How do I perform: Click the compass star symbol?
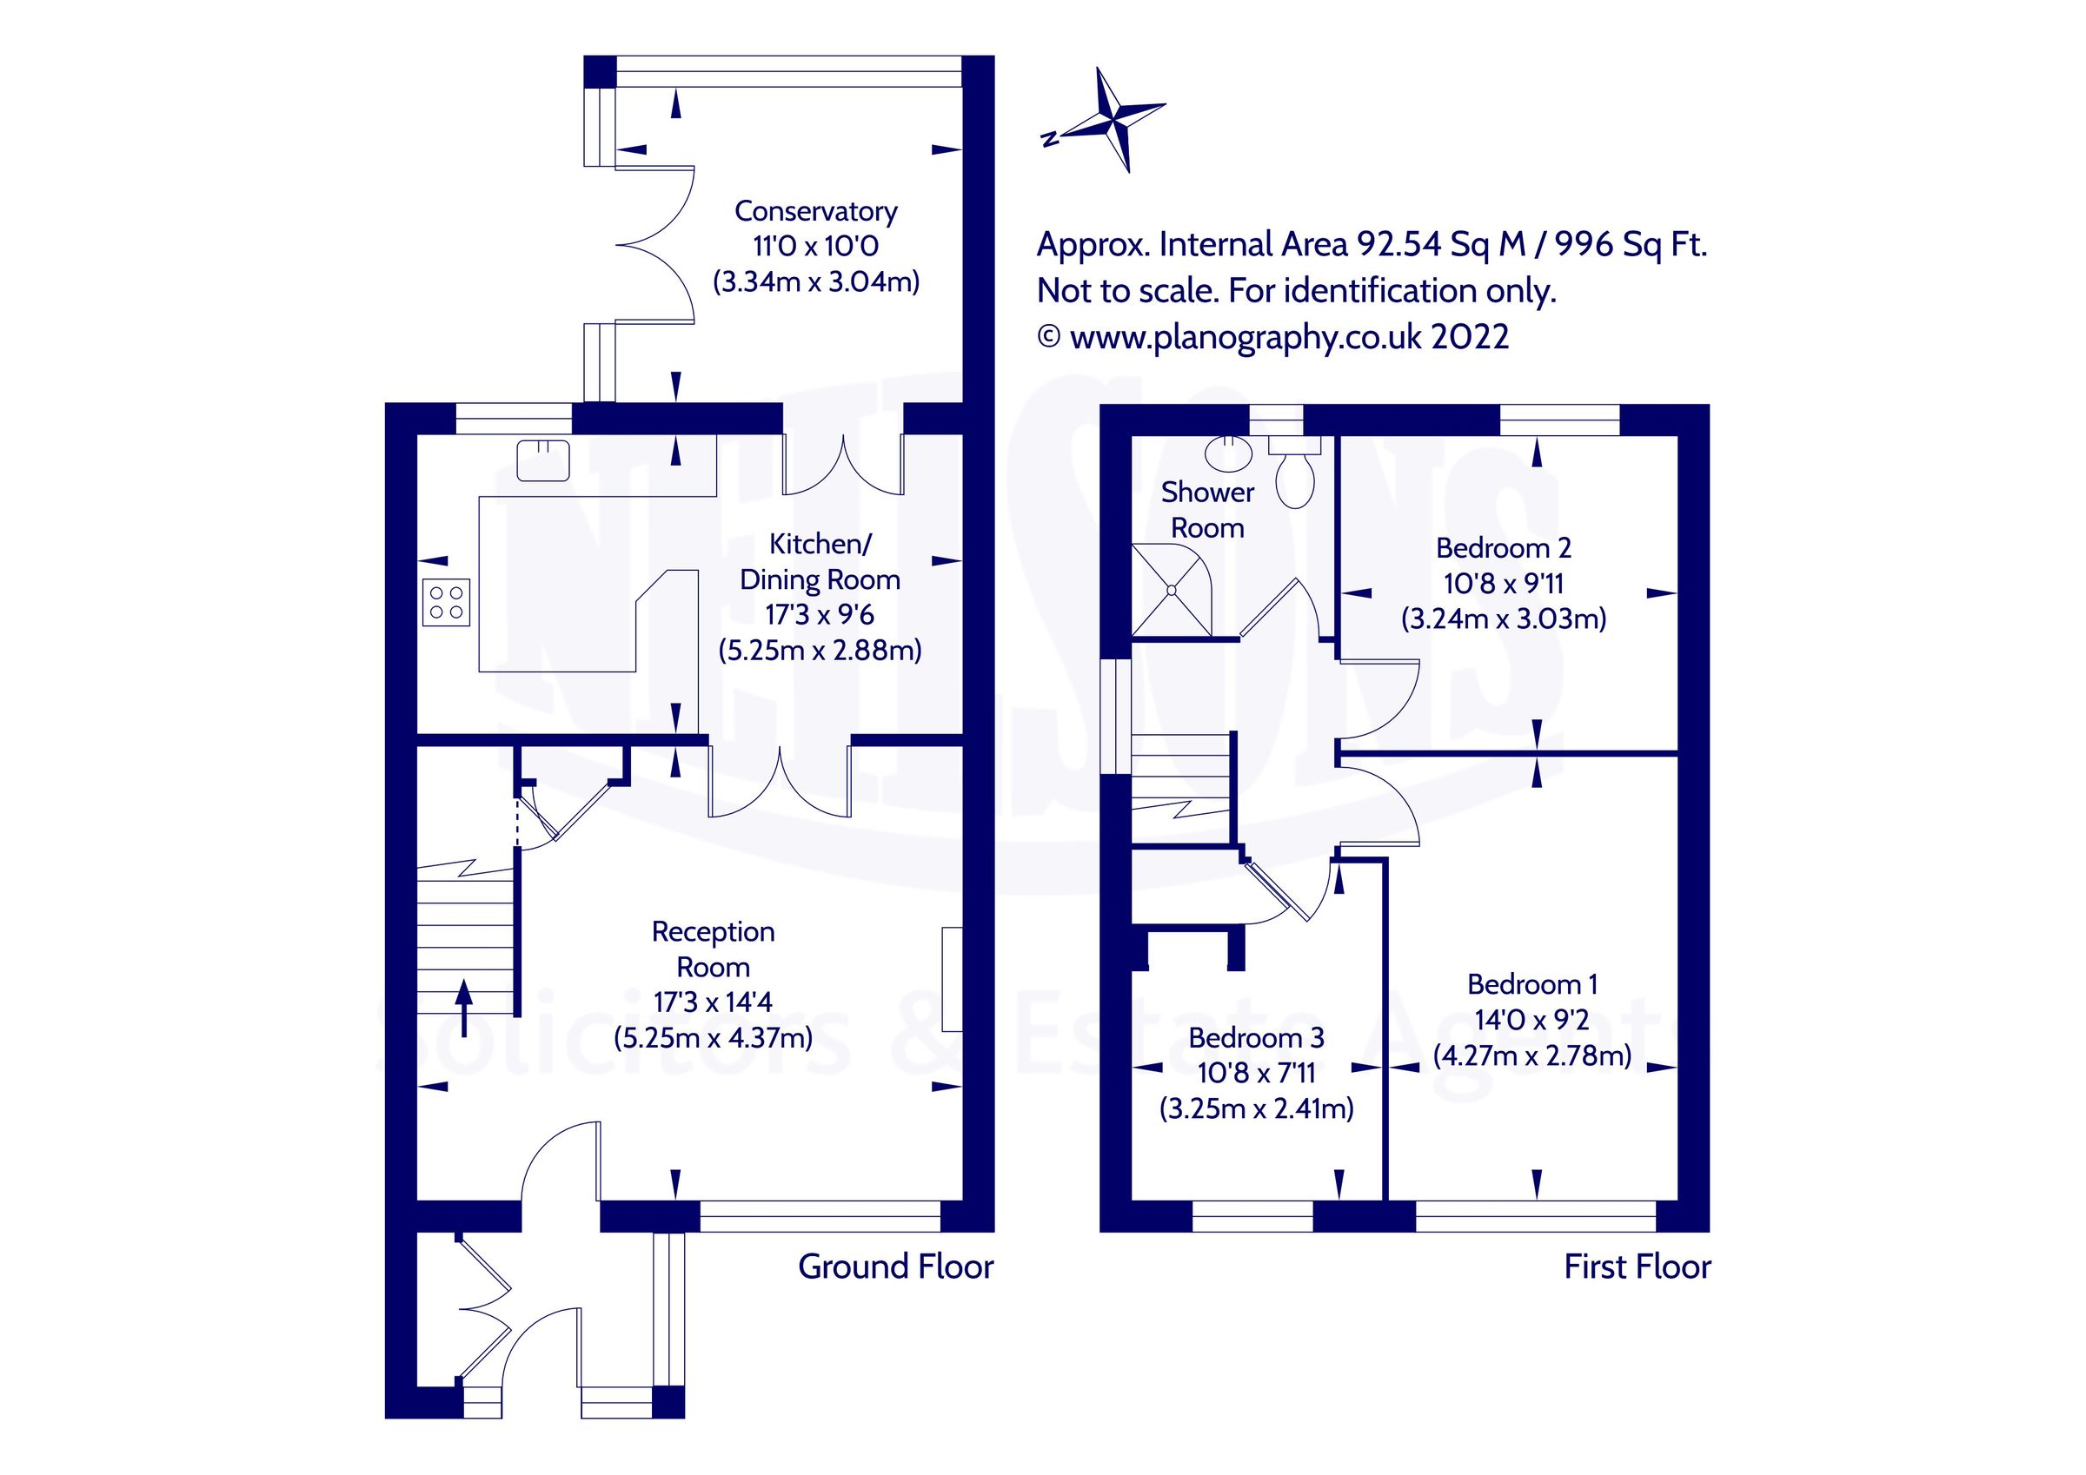(x=1116, y=120)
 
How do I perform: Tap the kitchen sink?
(x=542, y=460)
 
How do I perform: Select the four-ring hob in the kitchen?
(x=446, y=602)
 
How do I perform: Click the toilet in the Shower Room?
(x=1295, y=473)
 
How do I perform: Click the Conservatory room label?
(x=816, y=211)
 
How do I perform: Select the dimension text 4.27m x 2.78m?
(x=1531, y=1055)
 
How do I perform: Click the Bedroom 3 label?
(x=1256, y=1037)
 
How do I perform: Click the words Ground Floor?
(x=896, y=1267)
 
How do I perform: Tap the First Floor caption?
(x=1638, y=1267)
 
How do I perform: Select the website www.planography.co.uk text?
(x=1246, y=337)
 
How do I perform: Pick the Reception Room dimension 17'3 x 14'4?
(x=714, y=1002)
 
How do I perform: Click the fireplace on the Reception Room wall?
(x=951, y=978)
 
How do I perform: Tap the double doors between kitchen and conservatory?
(x=843, y=465)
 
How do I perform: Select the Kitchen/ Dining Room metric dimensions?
(x=820, y=651)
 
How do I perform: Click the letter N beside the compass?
(x=1050, y=139)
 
